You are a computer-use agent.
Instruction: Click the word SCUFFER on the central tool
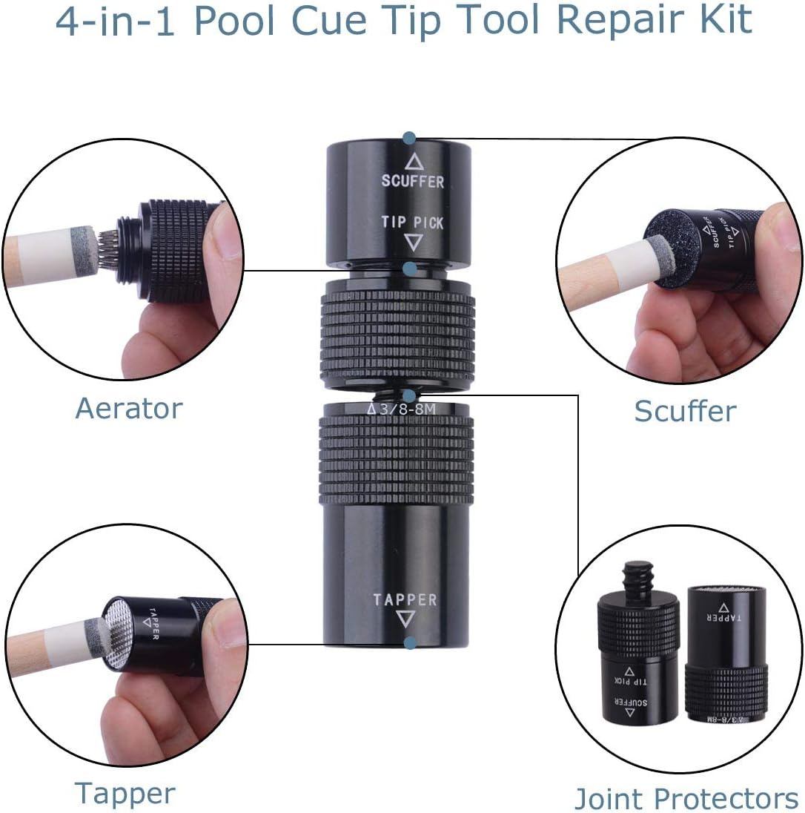[x=412, y=180]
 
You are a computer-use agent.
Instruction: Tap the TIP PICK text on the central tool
[x=412, y=221]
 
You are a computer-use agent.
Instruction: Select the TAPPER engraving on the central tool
[x=405, y=599]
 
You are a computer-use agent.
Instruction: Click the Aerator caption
[x=128, y=409]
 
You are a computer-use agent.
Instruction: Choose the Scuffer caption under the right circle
[x=684, y=411]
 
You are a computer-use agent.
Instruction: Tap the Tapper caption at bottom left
[x=125, y=793]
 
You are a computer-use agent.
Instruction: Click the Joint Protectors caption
[x=686, y=798]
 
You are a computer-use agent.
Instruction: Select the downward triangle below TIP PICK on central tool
[x=414, y=241]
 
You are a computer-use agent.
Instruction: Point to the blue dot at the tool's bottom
[x=408, y=643]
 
